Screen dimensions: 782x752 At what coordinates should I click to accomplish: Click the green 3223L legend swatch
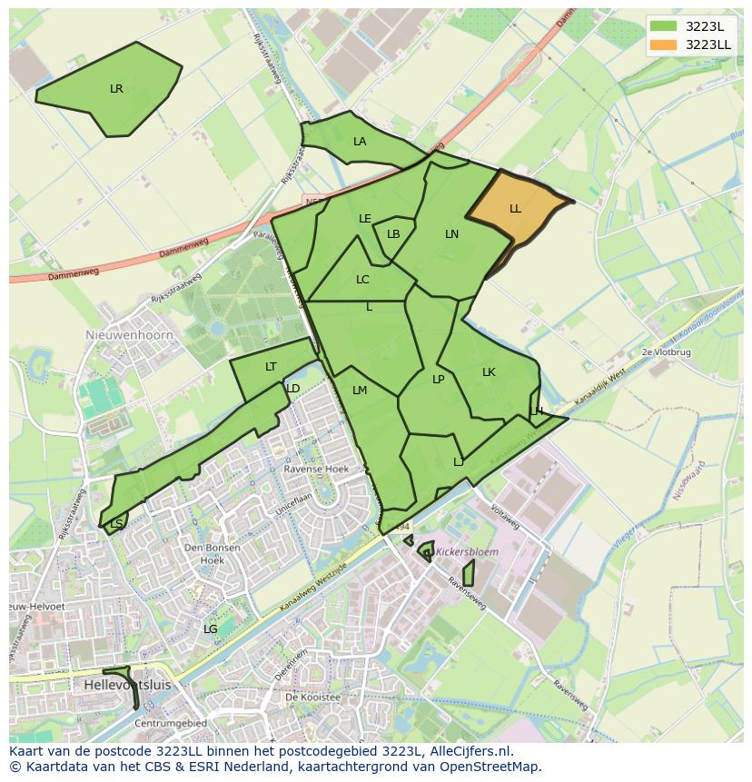664,26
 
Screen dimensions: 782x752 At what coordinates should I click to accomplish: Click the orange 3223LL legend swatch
664,45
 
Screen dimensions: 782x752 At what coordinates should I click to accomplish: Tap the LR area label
116,89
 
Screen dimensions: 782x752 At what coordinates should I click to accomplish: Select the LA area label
360,142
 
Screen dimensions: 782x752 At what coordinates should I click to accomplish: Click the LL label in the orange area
515,209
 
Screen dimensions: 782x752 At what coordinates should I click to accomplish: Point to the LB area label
393,234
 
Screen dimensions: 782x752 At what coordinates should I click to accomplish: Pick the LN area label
451,234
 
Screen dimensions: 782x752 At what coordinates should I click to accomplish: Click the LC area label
362,280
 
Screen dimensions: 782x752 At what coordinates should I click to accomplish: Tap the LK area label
489,372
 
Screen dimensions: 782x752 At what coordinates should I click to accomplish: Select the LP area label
438,380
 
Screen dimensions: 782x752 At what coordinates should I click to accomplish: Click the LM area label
360,391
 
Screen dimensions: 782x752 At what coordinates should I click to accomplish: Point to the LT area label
271,367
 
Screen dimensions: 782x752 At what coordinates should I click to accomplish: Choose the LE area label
365,219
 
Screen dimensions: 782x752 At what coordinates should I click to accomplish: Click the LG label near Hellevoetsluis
210,629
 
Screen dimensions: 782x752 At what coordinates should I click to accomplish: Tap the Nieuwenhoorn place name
123,334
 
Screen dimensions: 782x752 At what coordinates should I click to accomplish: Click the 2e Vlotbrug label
666,351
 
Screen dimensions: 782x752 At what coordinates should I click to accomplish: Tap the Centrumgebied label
170,723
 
